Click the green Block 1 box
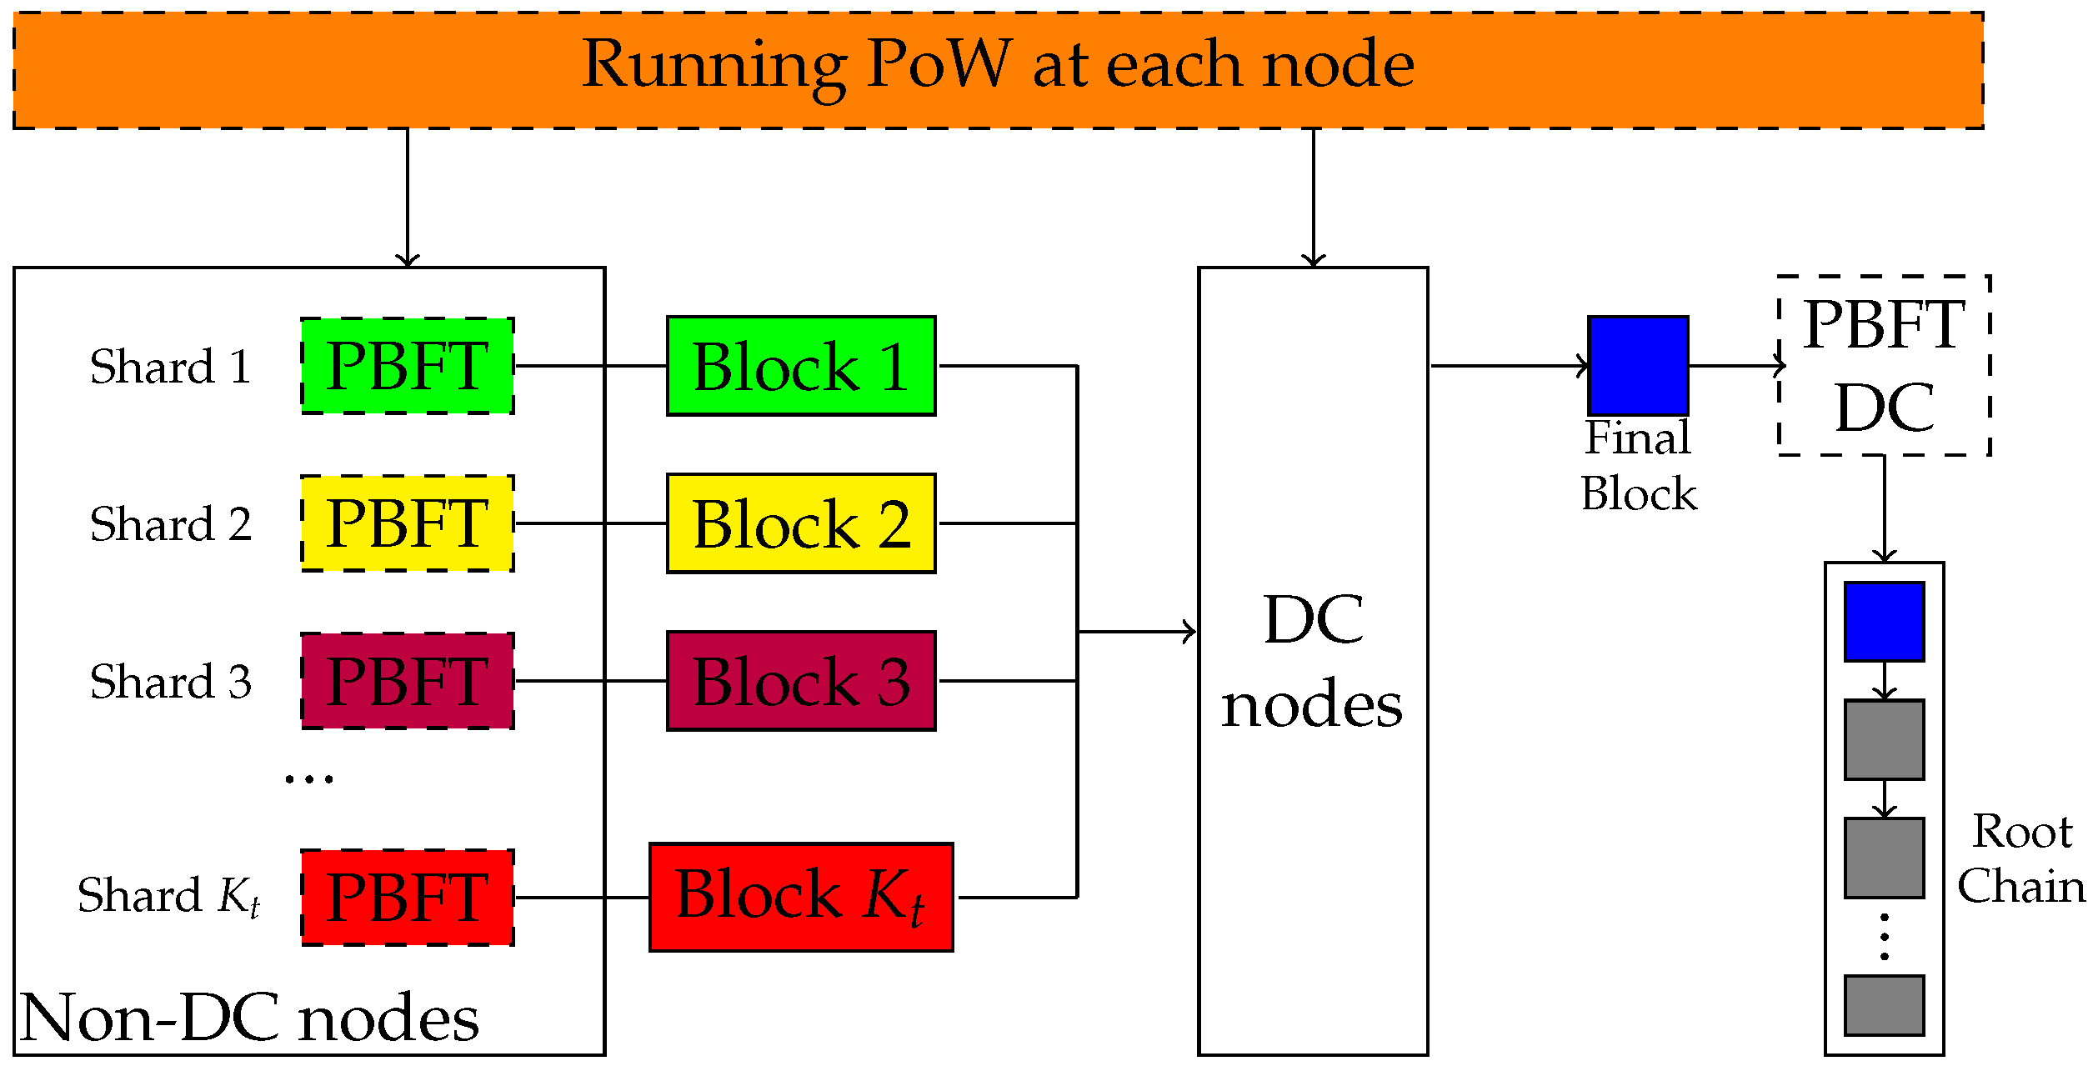801,366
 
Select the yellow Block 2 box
801,523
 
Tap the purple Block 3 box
801,681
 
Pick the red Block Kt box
801,897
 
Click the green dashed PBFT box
407,366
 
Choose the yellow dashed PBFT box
407,523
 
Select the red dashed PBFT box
407,898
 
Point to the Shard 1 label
170,367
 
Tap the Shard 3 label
170,682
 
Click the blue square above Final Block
1638,365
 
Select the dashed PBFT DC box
1884,365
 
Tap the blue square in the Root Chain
1884,622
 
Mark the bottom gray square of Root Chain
1884,1005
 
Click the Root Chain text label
2020,858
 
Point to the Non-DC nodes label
250,1018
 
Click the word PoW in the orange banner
939,64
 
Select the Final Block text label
1638,466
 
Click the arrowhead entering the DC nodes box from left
1190,632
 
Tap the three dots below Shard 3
308,779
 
